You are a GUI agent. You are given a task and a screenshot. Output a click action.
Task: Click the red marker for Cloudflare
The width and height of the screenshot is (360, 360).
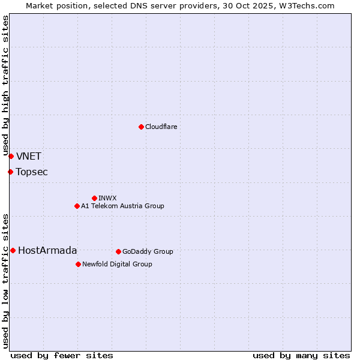tap(141, 127)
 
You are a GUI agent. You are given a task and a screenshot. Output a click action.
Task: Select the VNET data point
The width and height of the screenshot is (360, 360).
tap(11, 156)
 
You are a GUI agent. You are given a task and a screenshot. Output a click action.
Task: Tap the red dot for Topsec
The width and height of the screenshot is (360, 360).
tap(10, 172)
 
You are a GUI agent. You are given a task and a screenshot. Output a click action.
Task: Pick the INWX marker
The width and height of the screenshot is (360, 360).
tap(94, 198)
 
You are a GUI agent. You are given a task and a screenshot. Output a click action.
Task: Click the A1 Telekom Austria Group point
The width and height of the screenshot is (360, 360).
tap(77, 206)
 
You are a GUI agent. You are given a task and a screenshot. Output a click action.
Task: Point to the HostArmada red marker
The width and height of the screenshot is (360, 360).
tap(13, 250)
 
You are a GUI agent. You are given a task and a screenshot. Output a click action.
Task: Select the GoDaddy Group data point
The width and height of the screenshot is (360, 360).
tap(118, 251)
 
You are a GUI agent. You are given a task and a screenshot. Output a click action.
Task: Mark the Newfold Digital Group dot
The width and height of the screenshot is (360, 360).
tap(78, 264)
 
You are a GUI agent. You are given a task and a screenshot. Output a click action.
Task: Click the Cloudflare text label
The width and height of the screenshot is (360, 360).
tap(161, 127)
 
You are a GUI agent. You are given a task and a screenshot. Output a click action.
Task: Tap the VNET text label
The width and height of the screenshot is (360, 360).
tap(29, 157)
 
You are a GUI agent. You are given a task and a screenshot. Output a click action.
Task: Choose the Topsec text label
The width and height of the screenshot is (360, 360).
tap(32, 172)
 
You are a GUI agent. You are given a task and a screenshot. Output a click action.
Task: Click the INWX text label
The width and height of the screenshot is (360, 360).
tap(107, 198)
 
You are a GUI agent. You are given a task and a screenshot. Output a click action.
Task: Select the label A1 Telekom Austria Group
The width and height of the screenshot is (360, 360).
tap(122, 206)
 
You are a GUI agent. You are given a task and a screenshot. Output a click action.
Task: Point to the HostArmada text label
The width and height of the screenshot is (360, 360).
tap(47, 251)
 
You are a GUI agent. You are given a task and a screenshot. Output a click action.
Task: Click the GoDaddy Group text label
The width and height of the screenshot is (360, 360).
tap(148, 251)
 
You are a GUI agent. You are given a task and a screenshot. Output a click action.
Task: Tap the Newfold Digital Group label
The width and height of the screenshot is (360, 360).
tap(117, 264)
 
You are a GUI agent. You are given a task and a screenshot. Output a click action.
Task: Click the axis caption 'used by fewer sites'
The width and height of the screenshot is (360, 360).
tap(62, 355)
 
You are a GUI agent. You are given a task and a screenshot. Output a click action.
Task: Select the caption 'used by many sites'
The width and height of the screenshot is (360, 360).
tap(301, 355)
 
